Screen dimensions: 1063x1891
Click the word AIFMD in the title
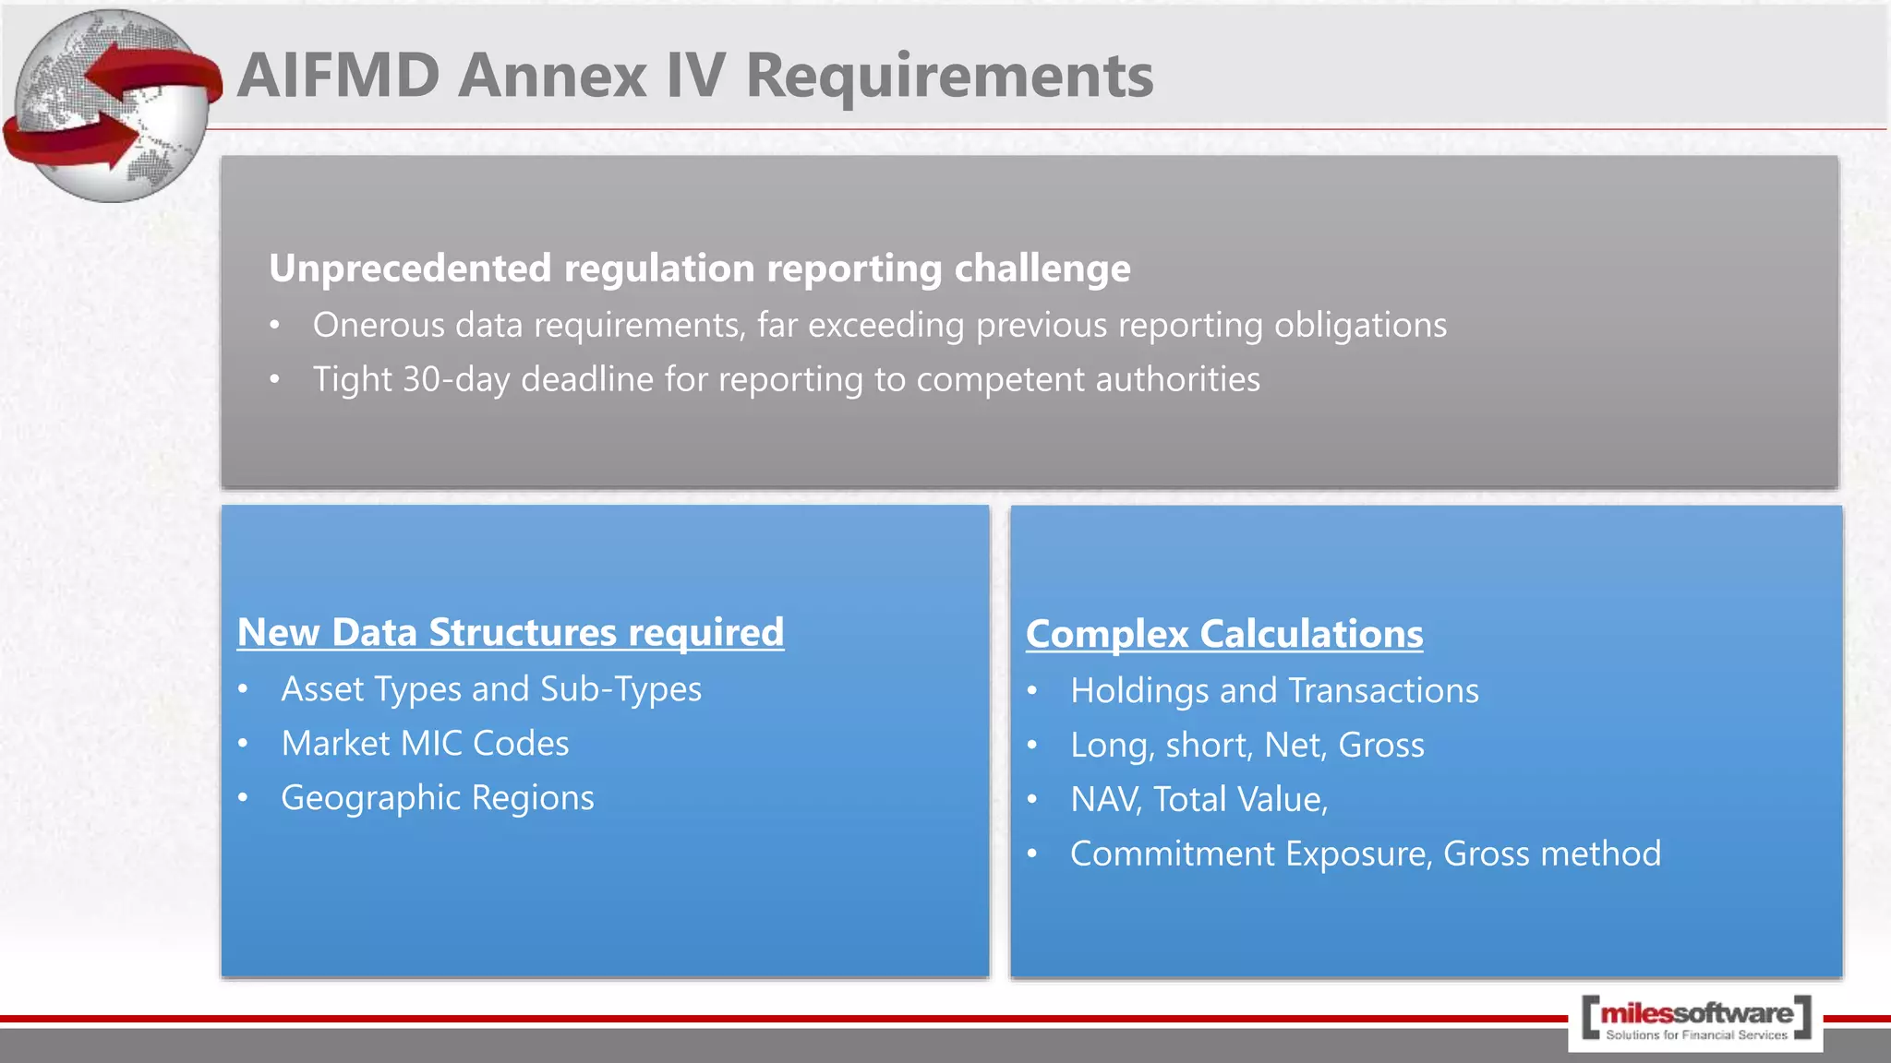tap(338, 75)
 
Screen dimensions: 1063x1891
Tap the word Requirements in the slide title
tap(949, 75)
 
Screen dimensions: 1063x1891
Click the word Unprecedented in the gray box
tap(410, 269)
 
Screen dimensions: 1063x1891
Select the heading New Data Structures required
tap(511, 633)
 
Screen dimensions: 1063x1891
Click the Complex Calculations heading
tap(1224, 635)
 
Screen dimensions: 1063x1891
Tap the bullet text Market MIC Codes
tap(425, 744)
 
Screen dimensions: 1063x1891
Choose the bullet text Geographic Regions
tap(438, 798)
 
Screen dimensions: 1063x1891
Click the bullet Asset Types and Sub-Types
tap(491, 689)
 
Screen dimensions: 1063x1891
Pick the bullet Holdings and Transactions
tap(1274, 691)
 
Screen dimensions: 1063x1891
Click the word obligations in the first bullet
tap(1360, 326)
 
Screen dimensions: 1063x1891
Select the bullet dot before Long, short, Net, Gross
tap(1032, 746)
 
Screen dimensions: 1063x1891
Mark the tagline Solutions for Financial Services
tap(1696, 1035)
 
